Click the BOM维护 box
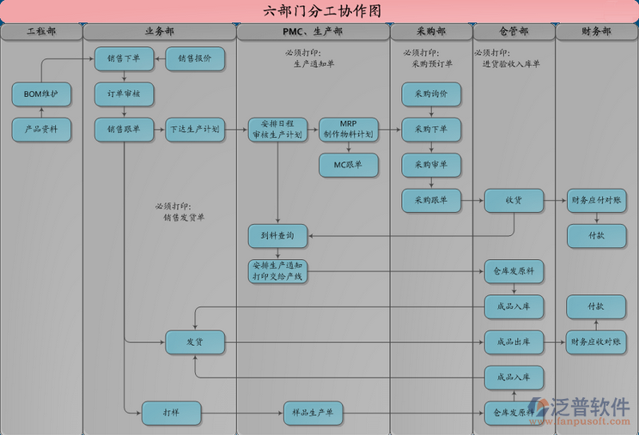(41, 94)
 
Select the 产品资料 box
(41, 130)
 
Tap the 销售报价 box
(194, 58)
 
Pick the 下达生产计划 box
(195, 130)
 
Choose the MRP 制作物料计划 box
(348, 130)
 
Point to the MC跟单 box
(348, 165)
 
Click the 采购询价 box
(431, 94)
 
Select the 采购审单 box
(431, 165)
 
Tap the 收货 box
(514, 201)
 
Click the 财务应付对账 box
(596, 201)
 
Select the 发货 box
(195, 342)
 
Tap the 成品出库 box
(514, 342)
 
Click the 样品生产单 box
(313, 414)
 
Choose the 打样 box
(171, 414)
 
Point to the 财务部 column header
(596, 32)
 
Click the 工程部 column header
(41, 32)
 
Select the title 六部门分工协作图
(319, 11)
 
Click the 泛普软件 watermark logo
(580, 409)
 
